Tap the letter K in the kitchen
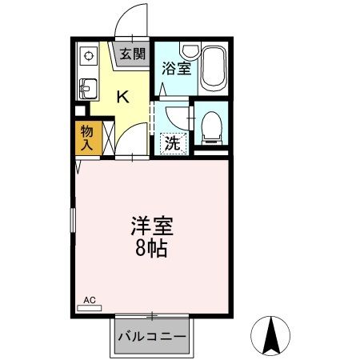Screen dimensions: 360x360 click(122, 98)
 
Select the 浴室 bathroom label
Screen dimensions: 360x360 click(175, 68)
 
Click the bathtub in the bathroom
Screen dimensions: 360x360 click(214, 68)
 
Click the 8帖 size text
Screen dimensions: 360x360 click(151, 248)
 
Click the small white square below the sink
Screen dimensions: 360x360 click(79, 110)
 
